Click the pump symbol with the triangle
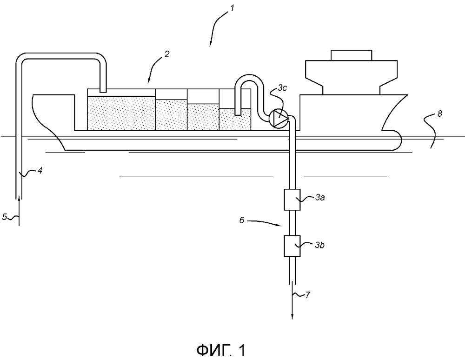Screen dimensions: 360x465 click(x=279, y=118)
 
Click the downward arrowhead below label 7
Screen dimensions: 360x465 click(x=292, y=316)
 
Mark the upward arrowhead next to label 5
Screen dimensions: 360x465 click(x=19, y=199)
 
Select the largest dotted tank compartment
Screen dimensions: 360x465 click(x=121, y=113)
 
